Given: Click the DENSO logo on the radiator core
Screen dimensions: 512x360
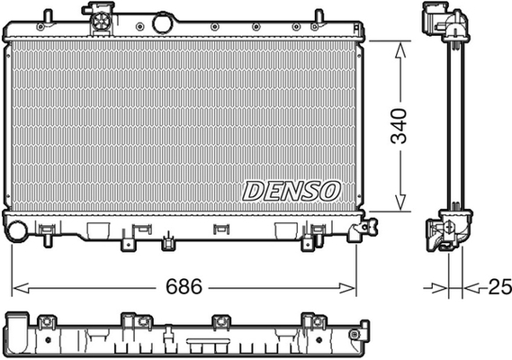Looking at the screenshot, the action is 292,191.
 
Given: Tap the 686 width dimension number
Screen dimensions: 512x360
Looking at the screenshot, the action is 184,286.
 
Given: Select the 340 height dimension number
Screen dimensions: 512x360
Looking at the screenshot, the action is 399,126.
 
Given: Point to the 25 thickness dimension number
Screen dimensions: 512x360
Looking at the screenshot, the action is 499,287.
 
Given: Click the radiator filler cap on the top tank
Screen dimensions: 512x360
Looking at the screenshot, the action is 102,21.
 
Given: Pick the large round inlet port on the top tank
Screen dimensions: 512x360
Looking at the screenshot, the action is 162,23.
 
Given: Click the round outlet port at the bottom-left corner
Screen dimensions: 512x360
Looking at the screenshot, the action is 16,230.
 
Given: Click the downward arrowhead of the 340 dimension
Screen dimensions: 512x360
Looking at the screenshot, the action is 400,202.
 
